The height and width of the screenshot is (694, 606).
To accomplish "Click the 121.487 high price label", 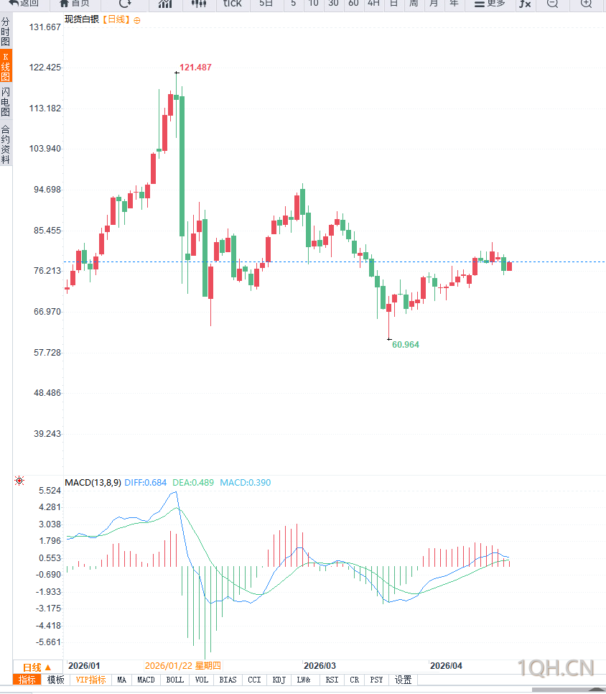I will point(195,68).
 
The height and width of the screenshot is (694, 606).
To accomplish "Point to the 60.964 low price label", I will point(405,345).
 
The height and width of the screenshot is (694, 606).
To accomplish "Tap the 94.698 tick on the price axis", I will point(45,190).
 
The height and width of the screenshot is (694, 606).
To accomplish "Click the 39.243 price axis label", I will point(45,434).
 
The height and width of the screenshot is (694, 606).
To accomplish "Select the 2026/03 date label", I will point(320,665).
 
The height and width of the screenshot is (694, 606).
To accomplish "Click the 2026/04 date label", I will point(446,665).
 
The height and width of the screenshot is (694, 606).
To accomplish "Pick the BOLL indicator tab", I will point(174,680).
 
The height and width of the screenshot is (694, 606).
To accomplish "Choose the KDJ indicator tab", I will point(279,680).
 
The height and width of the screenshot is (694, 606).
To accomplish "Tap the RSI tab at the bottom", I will point(331,680).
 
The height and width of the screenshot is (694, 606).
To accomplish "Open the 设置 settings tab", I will point(404,680).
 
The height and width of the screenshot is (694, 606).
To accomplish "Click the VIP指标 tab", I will point(90,680).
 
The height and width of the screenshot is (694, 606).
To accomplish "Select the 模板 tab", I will point(55,680).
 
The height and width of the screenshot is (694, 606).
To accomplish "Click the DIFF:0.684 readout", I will point(146,483).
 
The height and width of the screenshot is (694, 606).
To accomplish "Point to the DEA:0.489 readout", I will point(193,483).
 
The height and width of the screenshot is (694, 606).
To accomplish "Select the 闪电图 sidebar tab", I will point(6,102).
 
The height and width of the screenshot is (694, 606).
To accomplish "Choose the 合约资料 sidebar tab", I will point(6,144).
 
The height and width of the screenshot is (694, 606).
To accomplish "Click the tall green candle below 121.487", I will point(182,165).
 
